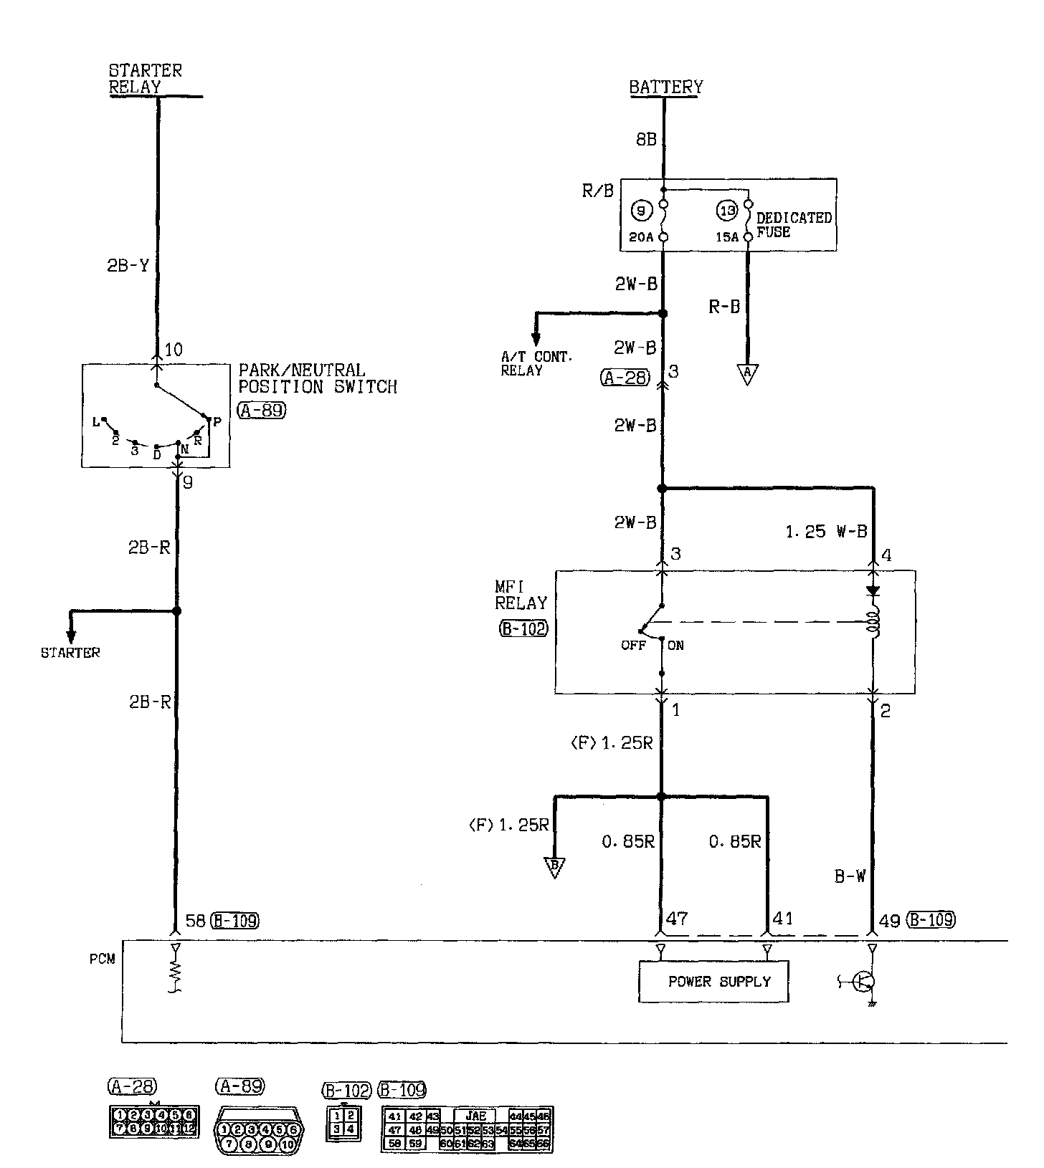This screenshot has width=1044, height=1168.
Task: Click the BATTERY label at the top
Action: point(665,87)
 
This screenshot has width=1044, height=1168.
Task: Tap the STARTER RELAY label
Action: point(145,79)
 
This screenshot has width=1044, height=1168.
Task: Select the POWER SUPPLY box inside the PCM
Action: point(713,981)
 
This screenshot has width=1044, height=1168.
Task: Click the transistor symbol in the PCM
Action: point(863,982)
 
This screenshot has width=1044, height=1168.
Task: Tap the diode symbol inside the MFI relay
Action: point(873,592)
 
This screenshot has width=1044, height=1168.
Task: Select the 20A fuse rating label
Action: point(642,237)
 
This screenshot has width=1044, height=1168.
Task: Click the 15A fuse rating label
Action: point(727,237)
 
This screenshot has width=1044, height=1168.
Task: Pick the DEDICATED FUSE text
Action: point(794,224)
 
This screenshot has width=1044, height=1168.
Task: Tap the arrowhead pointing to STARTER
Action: point(70,636)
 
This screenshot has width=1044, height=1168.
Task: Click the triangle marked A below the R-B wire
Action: point(747,373)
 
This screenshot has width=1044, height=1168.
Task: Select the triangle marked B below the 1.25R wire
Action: point(554,868)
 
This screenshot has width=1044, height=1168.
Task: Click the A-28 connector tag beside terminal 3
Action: point(625,378)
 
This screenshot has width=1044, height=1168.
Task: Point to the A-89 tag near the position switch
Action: point(260,411)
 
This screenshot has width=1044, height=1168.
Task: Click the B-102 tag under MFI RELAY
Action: point(523,629)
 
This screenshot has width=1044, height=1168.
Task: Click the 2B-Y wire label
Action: point(128,266)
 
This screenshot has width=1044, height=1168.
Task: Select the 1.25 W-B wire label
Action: point(825,532)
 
